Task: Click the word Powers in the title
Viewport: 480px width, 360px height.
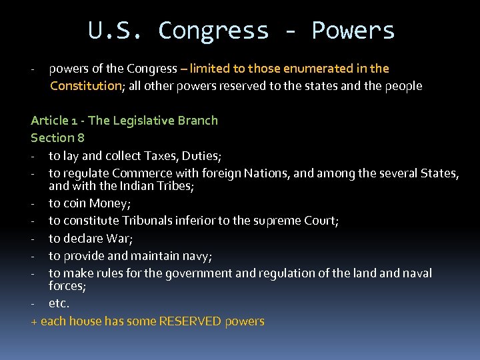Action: click(353, 31)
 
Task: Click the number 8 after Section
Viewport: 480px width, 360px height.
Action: click(81, 138)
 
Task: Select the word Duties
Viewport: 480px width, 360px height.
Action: click(201, 156)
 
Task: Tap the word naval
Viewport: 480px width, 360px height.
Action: click(416, 273)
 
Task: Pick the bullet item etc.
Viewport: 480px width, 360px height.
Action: click(59, 303)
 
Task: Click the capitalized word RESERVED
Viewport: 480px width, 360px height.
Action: click(190, 321)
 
